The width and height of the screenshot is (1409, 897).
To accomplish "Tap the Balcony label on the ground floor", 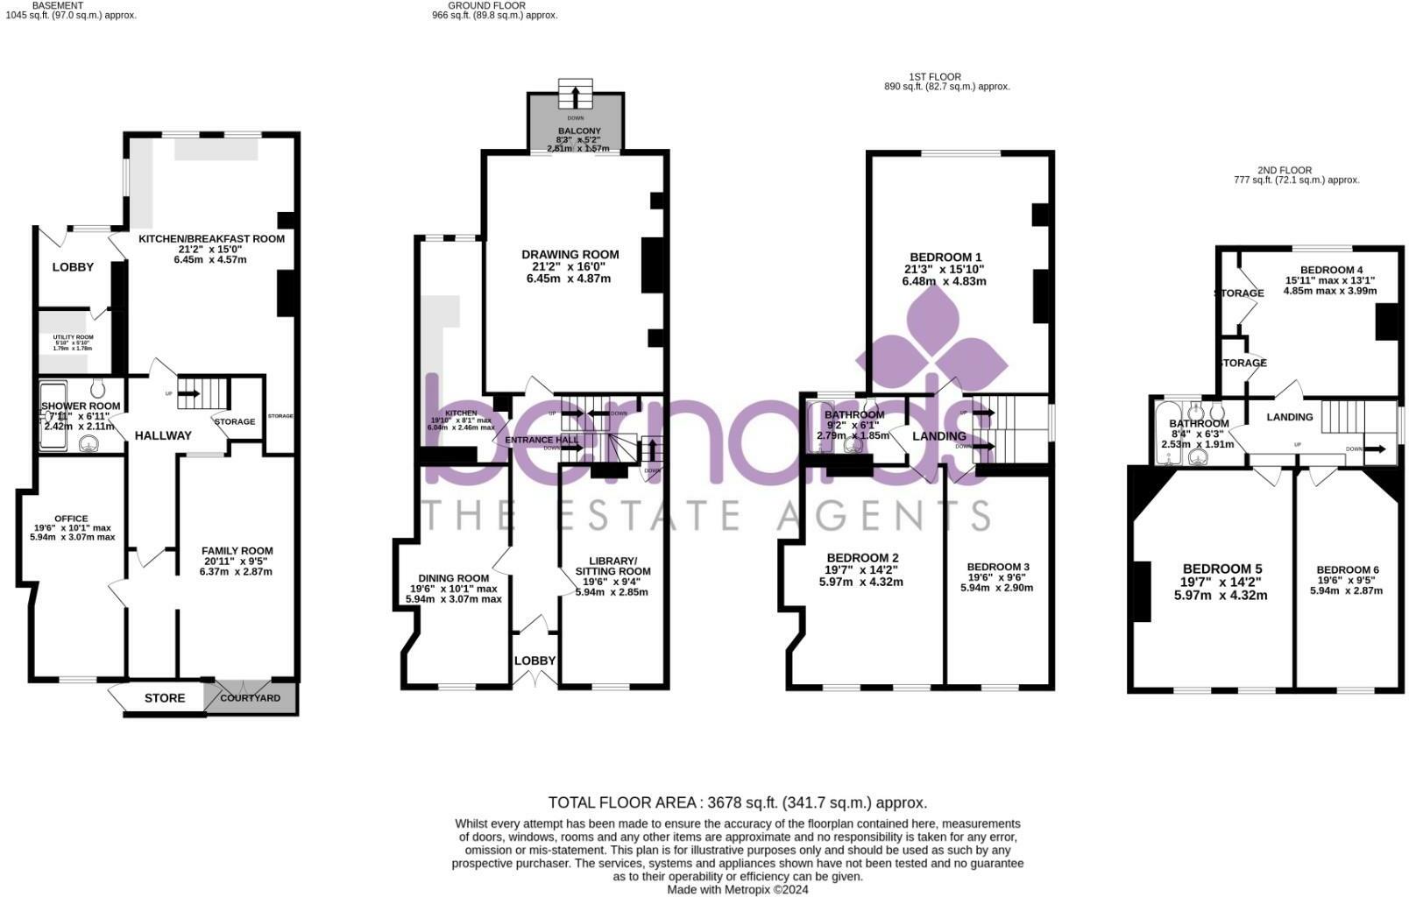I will click(x=579, y=131).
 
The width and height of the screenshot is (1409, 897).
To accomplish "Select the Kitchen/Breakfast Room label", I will click(x=211, y=238).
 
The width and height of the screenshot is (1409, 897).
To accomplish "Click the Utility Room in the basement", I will click(x=73, y=337).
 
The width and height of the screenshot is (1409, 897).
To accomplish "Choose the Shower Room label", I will click(x=81, y=406).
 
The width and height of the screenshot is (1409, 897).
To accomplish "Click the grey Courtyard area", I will click(x=251, y=698).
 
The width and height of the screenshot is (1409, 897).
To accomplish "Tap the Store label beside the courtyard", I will click(x=165, y=698).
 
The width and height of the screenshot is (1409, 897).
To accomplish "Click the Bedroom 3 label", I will click(x=997, y=567).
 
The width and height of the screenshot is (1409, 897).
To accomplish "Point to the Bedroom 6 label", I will click(x=1347, y=570).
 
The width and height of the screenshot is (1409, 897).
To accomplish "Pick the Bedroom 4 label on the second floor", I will click(x=1331, y=270).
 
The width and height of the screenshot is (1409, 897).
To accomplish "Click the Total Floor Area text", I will click(x=737, y=802).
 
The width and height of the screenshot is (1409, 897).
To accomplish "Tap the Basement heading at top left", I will click(x=58, y=5).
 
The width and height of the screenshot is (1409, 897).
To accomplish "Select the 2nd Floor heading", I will click(x=1284, y=170).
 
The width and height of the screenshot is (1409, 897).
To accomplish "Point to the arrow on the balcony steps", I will click(x=576, y=95).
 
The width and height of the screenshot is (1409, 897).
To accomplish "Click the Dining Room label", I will click(x=453, y=578).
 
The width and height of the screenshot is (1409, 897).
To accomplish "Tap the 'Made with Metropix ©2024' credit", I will click(x=737, y=889).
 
